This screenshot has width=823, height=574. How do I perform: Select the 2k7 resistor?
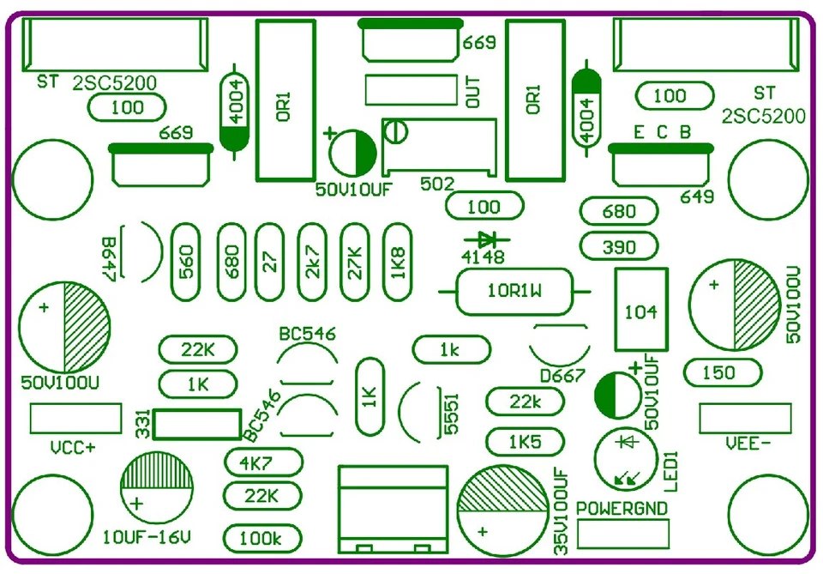click(313, 262)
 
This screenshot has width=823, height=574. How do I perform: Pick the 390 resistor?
click(619, 246)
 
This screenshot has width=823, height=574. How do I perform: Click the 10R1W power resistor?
click(515, 292)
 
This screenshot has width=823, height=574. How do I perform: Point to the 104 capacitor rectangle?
click(640, 310)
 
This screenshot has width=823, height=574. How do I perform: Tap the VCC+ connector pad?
click(75, 418)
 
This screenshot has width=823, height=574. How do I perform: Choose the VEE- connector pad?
click(745, 418)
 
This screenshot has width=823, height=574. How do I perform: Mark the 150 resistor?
click(723, 372)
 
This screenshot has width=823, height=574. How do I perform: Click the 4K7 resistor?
click(263, 462)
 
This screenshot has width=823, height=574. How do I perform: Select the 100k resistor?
click(261, 539)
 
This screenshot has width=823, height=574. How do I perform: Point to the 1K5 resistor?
click(525, 442)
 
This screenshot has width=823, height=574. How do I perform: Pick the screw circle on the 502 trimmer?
click(396, 132)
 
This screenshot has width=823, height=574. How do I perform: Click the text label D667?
click(562, 376)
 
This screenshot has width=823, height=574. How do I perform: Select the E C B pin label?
click(662, 133)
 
